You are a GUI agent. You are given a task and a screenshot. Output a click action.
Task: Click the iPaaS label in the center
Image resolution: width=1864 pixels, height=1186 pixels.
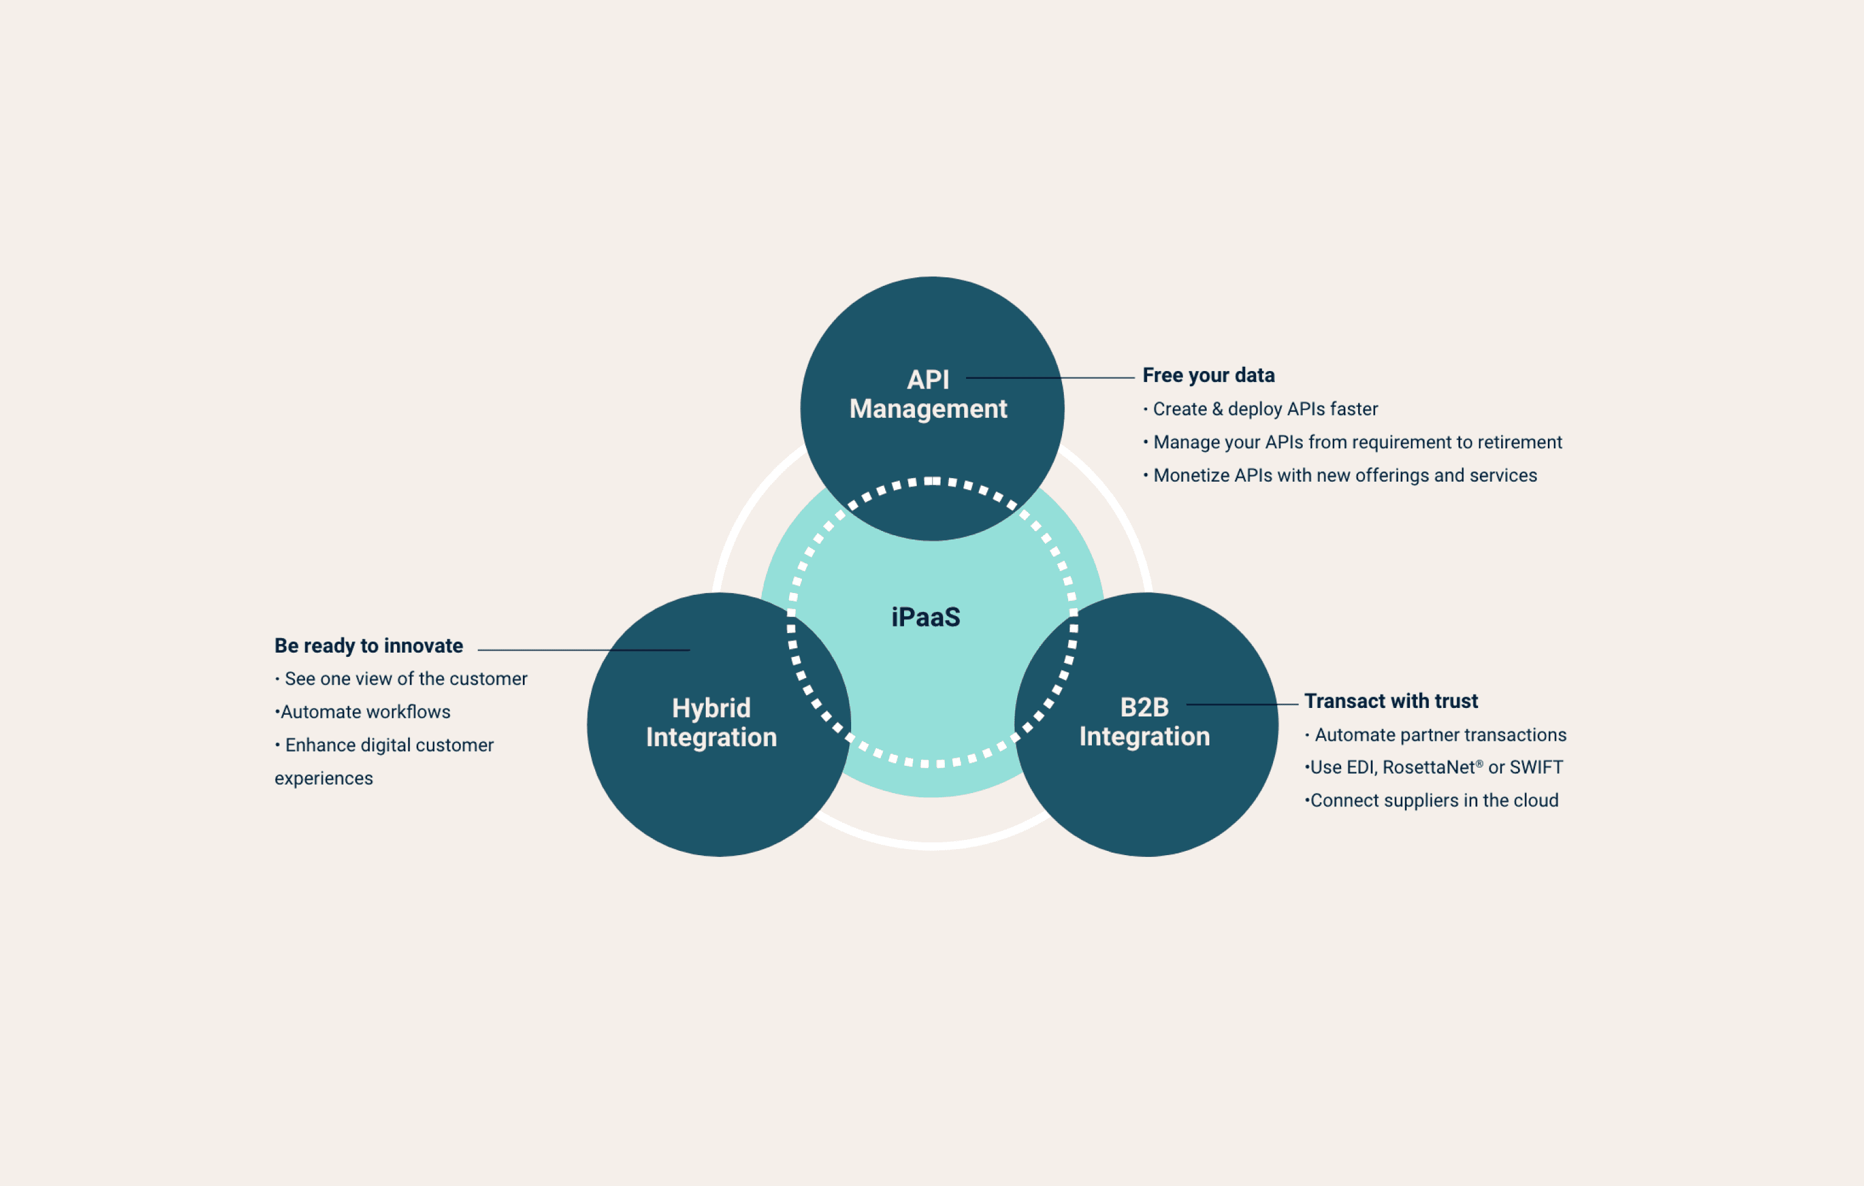926,617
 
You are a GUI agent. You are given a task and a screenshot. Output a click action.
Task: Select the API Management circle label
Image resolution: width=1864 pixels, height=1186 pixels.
928,394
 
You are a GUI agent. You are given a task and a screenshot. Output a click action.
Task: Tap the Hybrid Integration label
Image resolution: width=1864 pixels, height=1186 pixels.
711,723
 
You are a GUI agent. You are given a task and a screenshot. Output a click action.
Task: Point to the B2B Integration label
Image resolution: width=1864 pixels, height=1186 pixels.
1144,721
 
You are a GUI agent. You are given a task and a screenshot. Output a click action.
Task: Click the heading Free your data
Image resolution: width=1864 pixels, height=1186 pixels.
1209,375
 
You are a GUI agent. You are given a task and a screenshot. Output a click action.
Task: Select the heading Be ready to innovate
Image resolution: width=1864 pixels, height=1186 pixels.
368,646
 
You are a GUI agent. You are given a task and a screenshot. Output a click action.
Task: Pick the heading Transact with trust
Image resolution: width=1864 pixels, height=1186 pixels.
1390,701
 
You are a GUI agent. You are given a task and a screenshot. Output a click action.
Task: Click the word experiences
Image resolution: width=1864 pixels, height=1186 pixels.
323,779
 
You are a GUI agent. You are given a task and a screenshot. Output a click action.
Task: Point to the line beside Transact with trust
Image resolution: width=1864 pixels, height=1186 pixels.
1243,704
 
